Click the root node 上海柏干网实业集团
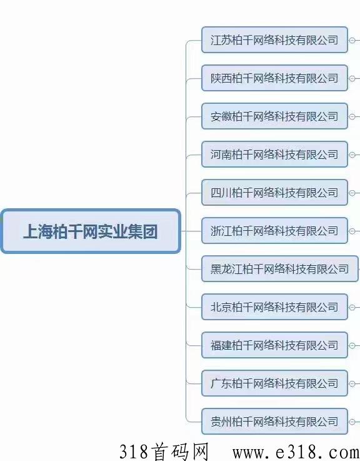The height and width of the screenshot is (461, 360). [91, 231]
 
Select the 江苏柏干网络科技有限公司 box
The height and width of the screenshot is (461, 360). [274, 40]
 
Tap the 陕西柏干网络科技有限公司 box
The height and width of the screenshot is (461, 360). [274, 78]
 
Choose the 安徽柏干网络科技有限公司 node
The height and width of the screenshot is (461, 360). [274, 116]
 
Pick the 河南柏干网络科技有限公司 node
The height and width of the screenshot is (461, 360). [274, 155]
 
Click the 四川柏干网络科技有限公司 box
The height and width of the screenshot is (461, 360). [274, 193]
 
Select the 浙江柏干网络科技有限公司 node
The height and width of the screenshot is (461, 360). [274, 231]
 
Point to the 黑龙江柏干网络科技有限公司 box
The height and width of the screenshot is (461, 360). [280, 269]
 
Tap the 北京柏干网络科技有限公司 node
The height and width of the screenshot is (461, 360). [274, 307]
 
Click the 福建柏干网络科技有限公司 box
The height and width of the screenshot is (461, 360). [274, 345]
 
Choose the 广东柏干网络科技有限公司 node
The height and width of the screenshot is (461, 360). [274, 383]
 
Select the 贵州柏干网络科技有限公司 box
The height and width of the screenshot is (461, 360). [274, 422]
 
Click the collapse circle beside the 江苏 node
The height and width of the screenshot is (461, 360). [352, 40]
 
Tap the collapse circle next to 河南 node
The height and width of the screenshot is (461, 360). [352, 155]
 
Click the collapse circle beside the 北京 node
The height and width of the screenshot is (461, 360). [352, 308]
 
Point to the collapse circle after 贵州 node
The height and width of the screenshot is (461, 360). [352, 422]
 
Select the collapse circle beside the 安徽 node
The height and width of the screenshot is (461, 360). [352, 117]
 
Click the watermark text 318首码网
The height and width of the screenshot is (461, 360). [164, 452]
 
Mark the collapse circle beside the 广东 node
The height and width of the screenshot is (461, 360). [352, 384]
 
